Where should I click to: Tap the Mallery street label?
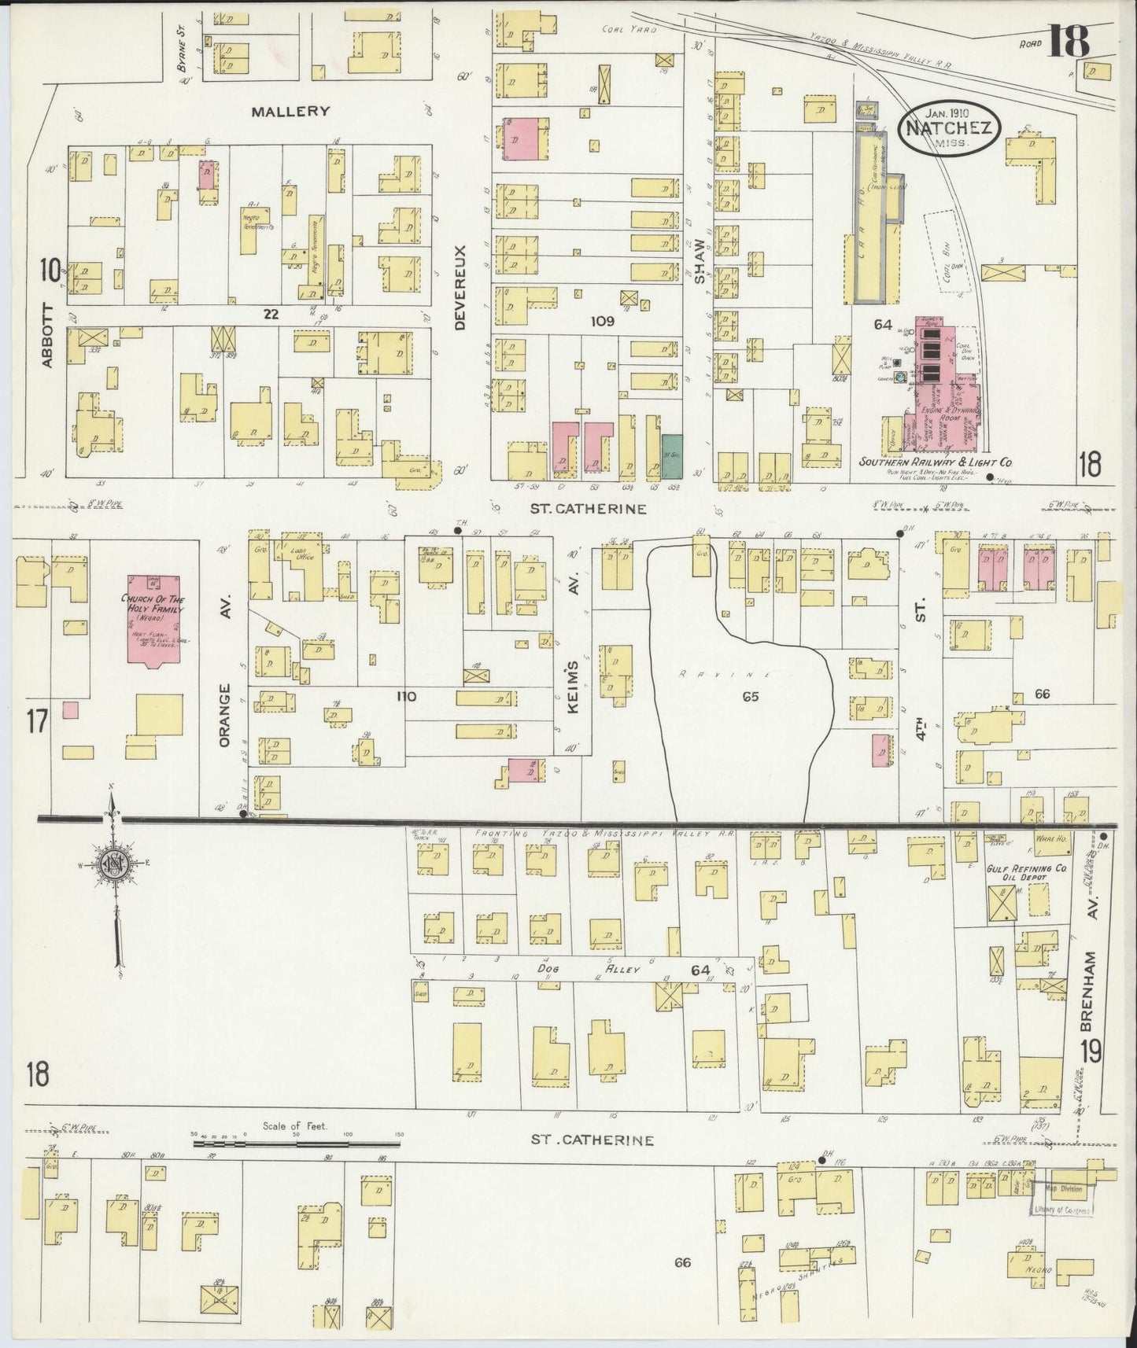290,111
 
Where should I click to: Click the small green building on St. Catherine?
672,455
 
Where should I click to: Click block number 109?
602,321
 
